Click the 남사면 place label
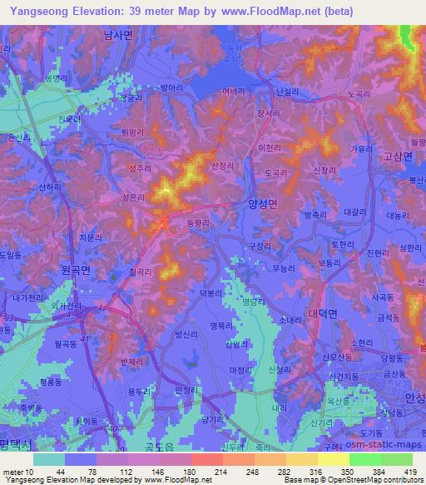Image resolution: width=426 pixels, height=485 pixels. pyautogui.click(x=117, y=34)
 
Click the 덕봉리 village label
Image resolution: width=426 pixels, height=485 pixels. pyautogui.click(x=212, y=293)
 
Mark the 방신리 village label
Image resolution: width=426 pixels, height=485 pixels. pyautogui.click(x=188, y=336)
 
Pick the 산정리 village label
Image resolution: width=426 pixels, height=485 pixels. pyautogui.click(x=224, y=167)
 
